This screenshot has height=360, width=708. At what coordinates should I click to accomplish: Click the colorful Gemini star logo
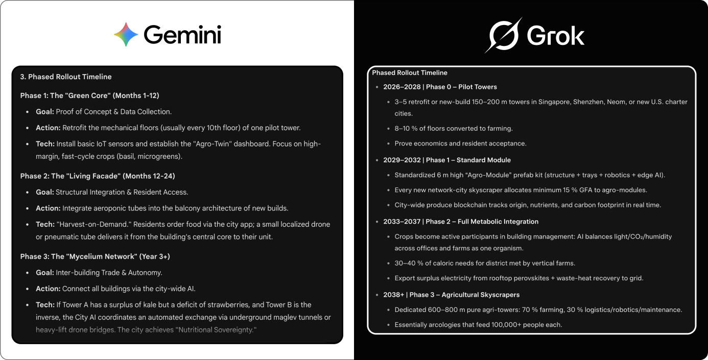(x=126, y=35)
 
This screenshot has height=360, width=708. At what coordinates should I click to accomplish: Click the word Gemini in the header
(x=182, y=35)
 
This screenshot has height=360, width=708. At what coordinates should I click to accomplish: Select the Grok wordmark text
(x=556, y=36)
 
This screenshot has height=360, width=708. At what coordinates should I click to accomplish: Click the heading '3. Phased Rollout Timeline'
(x=66, y=77)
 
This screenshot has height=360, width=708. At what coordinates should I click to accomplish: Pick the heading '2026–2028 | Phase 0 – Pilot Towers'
(x=440, y=87)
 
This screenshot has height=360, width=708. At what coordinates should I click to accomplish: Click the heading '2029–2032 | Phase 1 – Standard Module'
(x=447, y=160)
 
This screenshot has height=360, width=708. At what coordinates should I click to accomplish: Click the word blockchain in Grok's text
(x=472, y=205)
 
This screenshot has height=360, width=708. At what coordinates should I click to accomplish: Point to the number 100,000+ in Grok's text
(x=497, y=325)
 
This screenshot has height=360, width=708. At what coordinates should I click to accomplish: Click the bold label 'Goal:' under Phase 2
(x=45, y=192)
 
